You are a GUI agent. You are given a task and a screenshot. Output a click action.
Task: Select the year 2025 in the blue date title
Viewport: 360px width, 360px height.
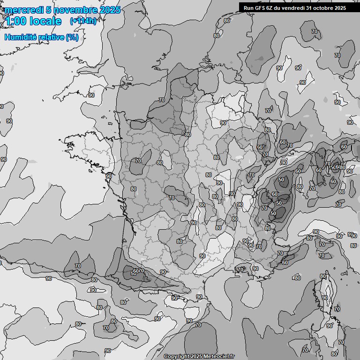click(109, 10)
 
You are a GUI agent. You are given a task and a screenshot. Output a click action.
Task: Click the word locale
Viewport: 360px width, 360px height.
click(45, 21)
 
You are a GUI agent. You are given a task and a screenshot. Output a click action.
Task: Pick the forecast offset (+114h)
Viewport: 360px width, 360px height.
click(83, 21)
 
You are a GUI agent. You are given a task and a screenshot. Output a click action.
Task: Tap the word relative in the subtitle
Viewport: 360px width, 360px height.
click(52, 37)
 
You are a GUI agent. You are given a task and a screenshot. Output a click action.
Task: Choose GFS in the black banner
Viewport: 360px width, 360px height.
click(259, 7)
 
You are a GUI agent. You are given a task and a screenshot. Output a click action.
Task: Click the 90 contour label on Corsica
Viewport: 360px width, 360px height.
click(324, 298)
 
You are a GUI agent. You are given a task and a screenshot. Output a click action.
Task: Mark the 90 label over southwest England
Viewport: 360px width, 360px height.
click(91, 95)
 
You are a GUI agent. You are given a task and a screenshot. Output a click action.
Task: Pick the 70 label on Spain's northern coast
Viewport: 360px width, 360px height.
click(78, 266)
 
